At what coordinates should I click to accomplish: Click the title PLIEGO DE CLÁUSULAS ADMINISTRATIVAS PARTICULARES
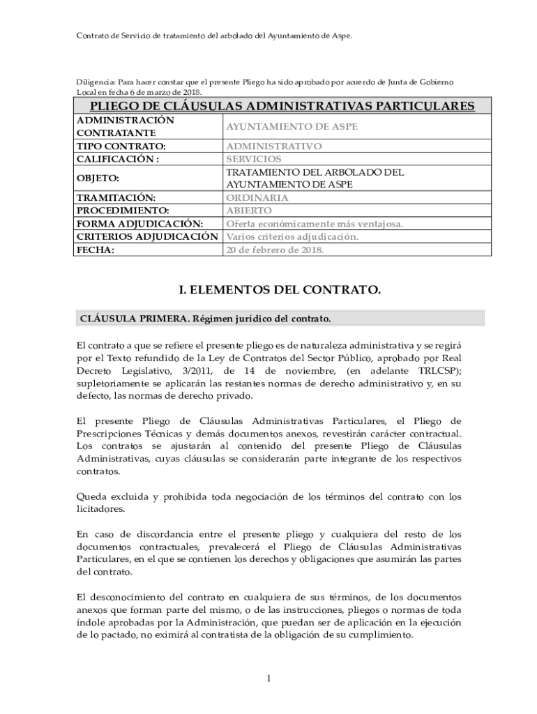pos(278,106)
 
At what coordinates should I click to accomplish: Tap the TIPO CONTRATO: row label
pos(121,146)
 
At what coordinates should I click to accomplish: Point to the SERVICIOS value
pos(253,159)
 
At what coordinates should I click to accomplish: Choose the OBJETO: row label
pos(98,178)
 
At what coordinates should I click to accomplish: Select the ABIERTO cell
pos(249,210)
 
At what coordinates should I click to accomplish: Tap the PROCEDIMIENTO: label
pos(123,210)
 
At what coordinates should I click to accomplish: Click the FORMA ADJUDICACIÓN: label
pos(139,223)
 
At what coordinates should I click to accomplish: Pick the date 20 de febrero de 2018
pos(275,249)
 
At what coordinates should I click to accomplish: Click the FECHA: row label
pos(95,249)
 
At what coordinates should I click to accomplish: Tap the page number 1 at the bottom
pos(268,678)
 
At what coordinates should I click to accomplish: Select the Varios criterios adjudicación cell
pos(293,236)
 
